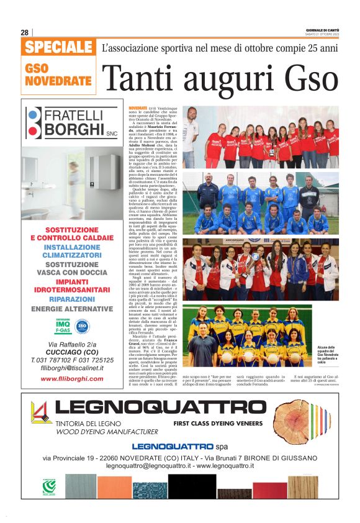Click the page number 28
click(x=24, y=32)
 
